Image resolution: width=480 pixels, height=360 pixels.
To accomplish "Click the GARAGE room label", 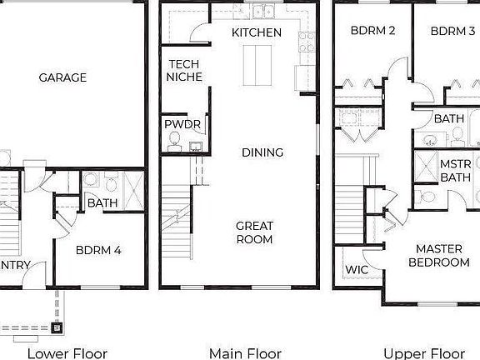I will [x=62, y=77].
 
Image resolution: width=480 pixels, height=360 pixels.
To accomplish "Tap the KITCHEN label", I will [x=257, y=32].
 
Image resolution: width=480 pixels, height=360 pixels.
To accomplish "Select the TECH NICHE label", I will [x=183, y=70].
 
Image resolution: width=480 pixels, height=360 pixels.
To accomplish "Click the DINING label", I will [x=262, y=152].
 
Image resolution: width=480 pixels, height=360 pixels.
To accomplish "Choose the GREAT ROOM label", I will [x=254, y=232].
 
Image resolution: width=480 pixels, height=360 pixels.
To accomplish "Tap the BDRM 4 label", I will [x=98, y=248].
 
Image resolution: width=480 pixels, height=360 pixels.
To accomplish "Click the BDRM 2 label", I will [x=372, y=32].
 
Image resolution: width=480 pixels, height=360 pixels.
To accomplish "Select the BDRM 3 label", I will [x=452, y=32].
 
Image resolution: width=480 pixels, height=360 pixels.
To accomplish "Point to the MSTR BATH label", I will [x=456, y=170].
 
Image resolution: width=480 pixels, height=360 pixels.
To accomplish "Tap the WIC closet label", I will [x=356, y=270].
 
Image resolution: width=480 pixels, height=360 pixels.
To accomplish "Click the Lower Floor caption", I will [x=67, y=352].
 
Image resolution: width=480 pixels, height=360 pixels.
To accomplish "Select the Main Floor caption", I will [x=245, y=352].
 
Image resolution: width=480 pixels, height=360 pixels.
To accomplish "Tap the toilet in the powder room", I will [x=175, y=143].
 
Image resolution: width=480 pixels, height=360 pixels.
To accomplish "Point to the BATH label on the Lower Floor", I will [x=102, y=202].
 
